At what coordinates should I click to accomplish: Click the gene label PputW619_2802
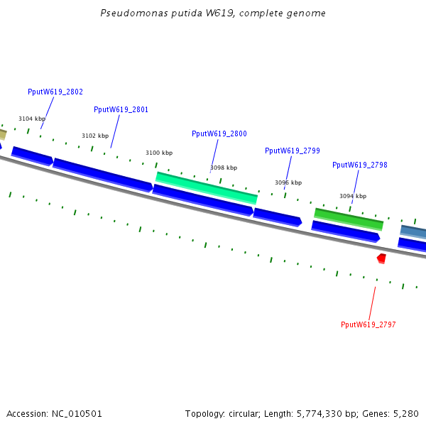coord(55,92)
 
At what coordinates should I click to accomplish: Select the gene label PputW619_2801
coord(121,109)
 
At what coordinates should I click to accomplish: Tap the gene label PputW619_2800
coord(219,133)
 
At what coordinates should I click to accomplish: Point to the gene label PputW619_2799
coord(293,151)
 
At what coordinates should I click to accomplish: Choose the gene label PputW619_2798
coord(360,165)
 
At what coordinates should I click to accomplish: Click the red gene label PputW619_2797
coord(368,324)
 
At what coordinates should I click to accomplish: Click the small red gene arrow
coord(382,258)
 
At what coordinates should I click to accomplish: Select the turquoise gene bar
coord(207,187)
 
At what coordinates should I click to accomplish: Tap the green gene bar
coord(349,219)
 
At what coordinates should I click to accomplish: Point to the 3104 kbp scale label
coord(32,119)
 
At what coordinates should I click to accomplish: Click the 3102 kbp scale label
coord(95,136)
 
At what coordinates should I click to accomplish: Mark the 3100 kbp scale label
coord(159,153)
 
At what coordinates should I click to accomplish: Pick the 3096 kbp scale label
coord(288,182)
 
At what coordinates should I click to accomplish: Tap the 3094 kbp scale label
coord(353,196)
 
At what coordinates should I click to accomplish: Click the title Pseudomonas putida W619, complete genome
coord(213,13)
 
